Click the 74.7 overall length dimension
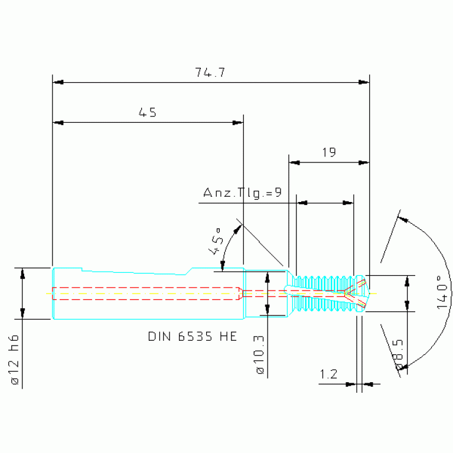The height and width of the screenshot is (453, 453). [x=210, y=72]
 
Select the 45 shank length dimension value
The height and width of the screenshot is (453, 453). [x=147, y=112]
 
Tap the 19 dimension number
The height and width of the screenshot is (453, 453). [x=329, y=152]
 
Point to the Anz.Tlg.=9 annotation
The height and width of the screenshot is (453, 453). [x=242, y=193]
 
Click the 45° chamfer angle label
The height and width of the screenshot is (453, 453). [x=216, y=242]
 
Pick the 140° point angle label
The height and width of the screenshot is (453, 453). [x=442, y=292]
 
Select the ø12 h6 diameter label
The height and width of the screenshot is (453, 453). [x=14, y=360]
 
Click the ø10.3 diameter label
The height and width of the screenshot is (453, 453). [x=260, y=355]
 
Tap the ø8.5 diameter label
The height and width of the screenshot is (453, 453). [x=398, y=354]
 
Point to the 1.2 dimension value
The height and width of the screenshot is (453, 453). [x=328, y=374]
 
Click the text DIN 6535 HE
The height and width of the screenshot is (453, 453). [x=193, y=337]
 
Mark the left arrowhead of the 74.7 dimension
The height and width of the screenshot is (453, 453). [x=58, y=82]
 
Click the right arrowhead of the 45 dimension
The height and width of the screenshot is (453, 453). [x=238, y=123]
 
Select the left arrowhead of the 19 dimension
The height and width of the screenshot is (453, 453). [x=294, y=162]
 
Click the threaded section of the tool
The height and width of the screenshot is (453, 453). [x=324, y=294]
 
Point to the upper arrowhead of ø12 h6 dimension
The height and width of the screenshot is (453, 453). [x=22, y=273]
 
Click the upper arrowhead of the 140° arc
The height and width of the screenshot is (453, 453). [x=403, y=220]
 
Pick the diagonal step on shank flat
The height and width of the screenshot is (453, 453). [x=188, y=271]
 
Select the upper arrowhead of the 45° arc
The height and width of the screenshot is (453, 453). [x=238, y=229]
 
